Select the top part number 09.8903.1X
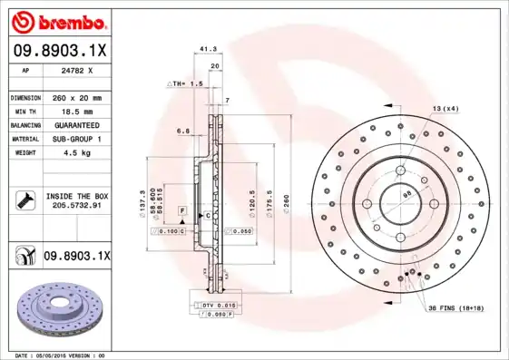[59, 52]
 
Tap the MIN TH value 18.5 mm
[73, 111]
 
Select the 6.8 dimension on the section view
[183, 131]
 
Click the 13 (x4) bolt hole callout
[445, 109]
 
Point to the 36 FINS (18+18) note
[457, 309]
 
